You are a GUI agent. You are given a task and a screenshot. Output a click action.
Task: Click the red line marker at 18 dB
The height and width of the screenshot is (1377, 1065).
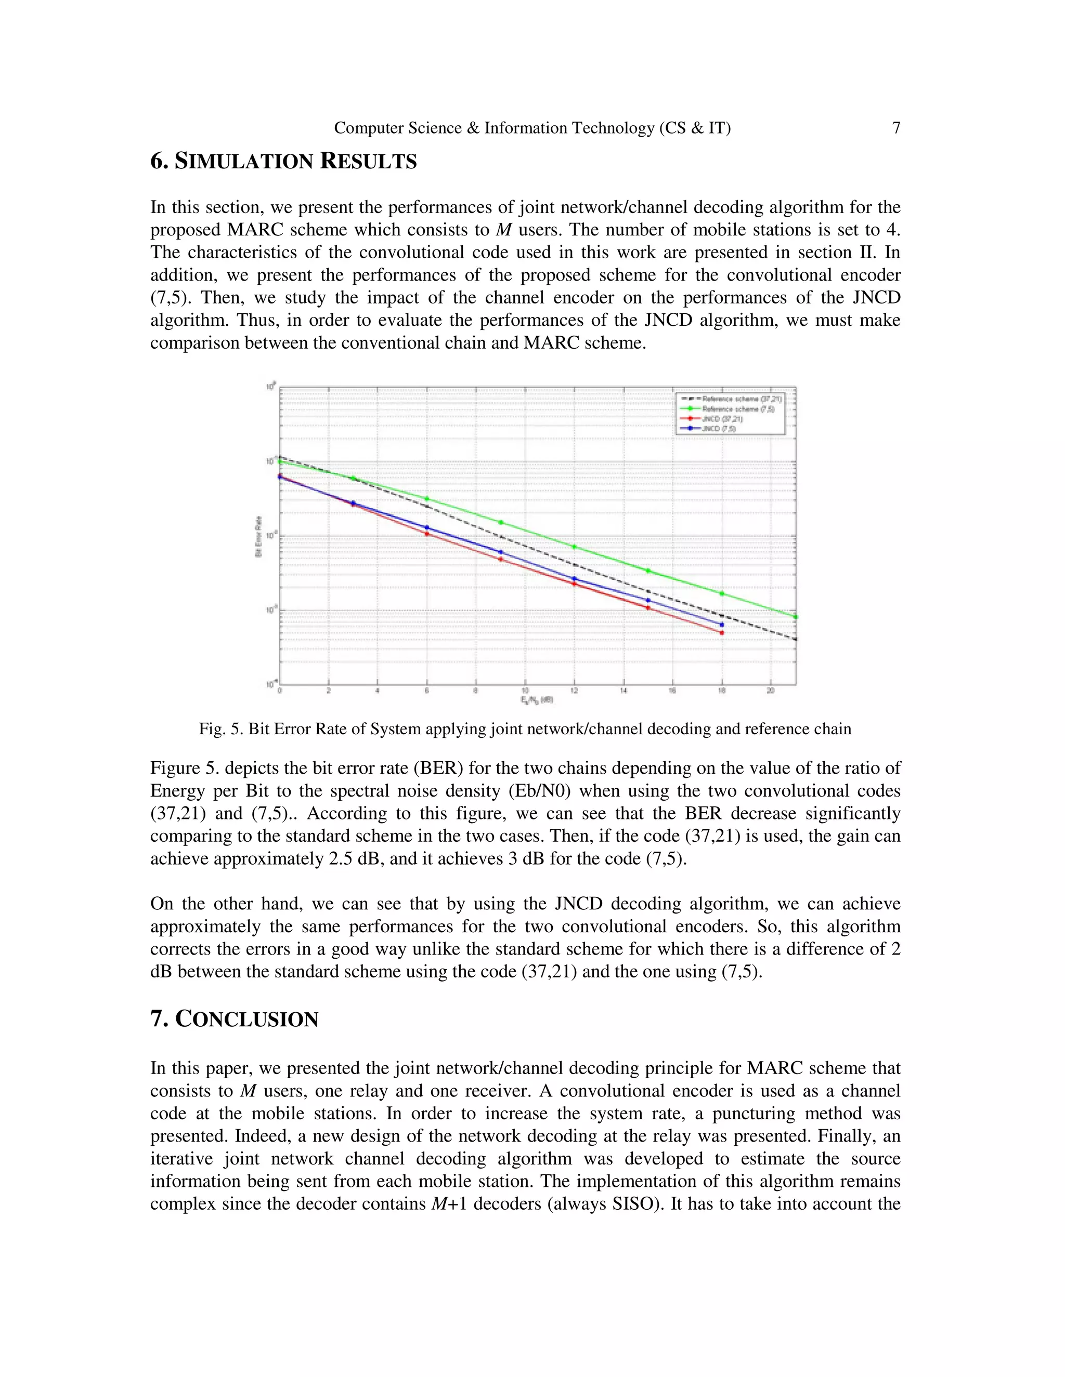pos(722,633)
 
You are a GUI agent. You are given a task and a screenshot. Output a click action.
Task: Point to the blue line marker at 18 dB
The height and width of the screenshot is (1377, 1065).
pos(722,625)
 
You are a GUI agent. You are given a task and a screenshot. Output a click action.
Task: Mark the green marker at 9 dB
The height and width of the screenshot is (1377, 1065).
pos(501,522)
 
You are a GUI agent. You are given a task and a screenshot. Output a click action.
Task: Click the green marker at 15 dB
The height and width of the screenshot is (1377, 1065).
pos(648,571)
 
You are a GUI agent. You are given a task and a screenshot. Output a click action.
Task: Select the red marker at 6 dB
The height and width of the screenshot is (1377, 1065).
pos(427,534)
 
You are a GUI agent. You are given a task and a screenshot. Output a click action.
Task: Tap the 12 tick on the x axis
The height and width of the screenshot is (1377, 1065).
pos(574,691)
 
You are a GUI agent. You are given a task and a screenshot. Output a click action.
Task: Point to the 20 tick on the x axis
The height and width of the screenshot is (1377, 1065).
pos(770,691)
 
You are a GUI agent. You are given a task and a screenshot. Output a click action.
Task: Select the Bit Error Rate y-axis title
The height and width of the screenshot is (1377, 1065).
pos(258,537)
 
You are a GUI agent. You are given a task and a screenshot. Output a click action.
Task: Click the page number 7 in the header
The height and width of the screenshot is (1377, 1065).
pos(896,128)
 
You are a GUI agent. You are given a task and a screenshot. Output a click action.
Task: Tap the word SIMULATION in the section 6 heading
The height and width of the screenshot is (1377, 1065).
pos(243,162)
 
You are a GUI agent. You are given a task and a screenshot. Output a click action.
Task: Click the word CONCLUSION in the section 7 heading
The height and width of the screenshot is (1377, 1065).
pos(246,1019)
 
